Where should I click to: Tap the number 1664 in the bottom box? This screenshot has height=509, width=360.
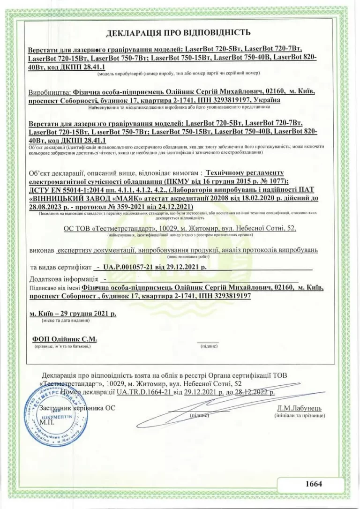pyautogui.click(x=314, y=484)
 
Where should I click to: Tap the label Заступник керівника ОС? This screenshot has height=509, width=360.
pyautogui.click(x=77, y=408)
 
